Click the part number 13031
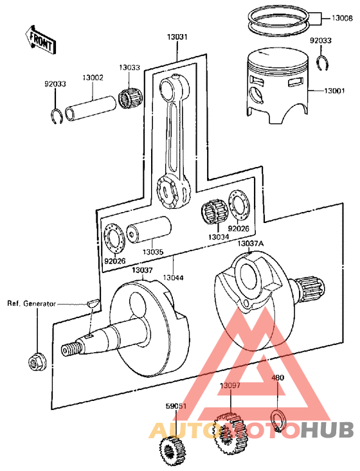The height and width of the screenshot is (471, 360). point(177,37)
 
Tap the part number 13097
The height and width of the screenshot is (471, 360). point(230,386)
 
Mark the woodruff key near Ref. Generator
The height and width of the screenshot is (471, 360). point(92,300)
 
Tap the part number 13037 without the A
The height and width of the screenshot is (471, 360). point(143,271)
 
